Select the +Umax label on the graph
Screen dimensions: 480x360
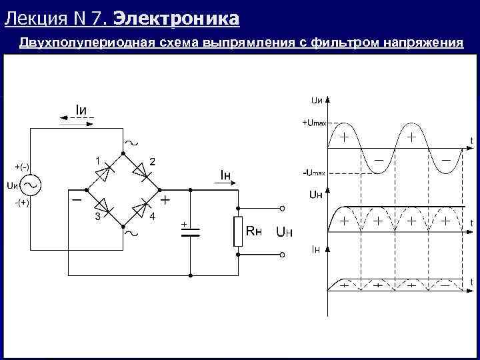[314, 123]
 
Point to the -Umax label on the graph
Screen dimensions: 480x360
[313, 173]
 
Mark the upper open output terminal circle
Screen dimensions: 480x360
[282, 207]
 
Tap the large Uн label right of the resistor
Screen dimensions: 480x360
[285, 232]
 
